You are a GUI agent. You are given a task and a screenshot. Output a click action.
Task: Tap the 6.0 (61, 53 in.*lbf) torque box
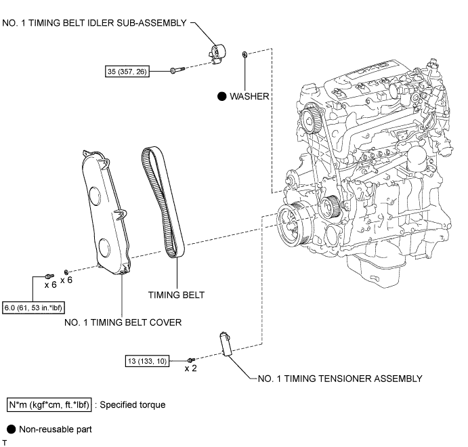pos(33,307)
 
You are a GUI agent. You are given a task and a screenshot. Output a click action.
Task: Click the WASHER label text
pos(249,96)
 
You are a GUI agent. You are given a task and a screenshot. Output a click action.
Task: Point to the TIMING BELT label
pos(176,295)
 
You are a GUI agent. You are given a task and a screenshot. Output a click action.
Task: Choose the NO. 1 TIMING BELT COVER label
pos(123,322)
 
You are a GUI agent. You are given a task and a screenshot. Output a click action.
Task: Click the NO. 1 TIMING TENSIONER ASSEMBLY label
pos(340,379)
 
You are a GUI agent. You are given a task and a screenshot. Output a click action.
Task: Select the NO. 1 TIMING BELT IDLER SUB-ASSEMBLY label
pos(94,23)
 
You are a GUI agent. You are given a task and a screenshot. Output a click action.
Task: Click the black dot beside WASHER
pos(221,96)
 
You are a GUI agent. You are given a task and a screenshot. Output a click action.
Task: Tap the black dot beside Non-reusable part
pos(11,429)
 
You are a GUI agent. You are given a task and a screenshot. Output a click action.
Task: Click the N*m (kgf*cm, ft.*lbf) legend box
pos(49,405)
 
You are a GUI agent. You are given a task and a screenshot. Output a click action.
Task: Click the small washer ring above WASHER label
pos(244,55)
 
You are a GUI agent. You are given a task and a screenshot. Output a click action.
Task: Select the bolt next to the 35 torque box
pos(177,70)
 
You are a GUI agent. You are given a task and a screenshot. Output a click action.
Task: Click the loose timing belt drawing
pos(163,203)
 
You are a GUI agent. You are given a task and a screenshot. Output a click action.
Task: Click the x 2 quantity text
pos(191,368)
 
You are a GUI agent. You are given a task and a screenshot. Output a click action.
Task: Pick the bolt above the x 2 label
pos(191,360)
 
